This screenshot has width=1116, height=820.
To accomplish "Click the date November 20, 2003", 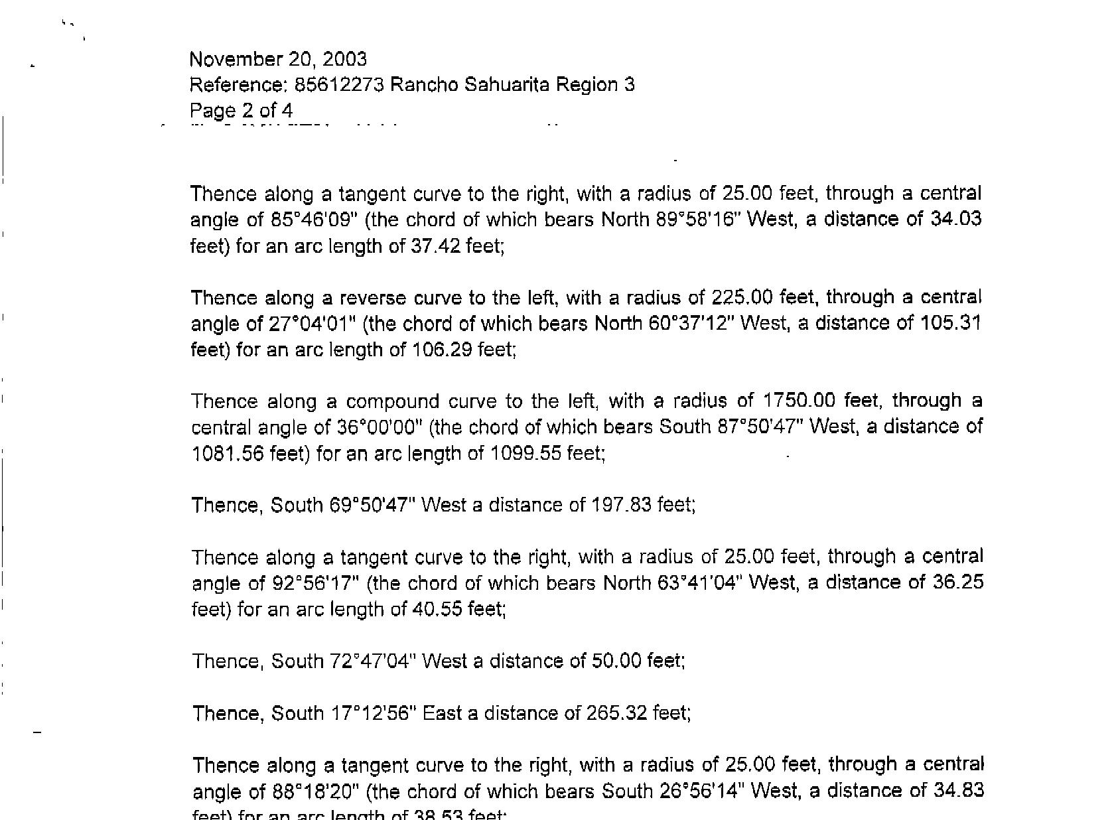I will [x=278, y=60].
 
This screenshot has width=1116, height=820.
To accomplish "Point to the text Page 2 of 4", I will [x=241, y=111].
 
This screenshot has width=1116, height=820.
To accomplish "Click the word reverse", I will [x=359, y=298].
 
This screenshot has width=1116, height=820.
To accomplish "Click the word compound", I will [x=393, y=402].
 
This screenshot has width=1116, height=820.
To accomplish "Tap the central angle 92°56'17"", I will [x=316, y=583].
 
